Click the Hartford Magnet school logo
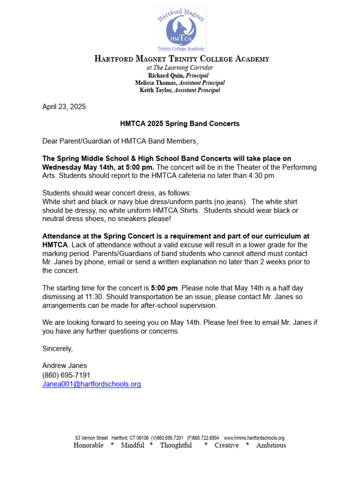(181, 29)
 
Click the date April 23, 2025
(64, 107)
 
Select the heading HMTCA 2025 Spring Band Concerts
(180, 124)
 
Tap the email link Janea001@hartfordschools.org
(91, 384)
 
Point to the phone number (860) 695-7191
(66, 375)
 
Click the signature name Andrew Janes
(65, 366)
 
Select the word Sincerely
(58, 349)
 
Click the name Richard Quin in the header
(166, 75)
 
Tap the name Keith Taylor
(157, 90)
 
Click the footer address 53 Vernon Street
(91, 438)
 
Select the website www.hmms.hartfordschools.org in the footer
(254, 438)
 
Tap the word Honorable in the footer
(89, 445)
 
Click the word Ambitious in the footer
(271, 445)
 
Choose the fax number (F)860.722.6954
(203, 438)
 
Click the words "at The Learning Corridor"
(180, 68)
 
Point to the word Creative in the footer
(226, 445)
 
